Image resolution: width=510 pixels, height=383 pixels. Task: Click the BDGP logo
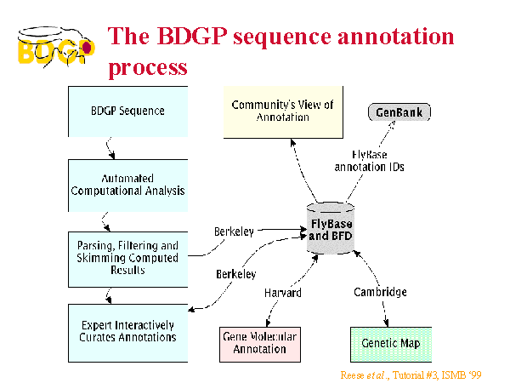click(x=56, y=48)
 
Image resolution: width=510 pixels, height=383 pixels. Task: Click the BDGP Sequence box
click(x=127, y=111)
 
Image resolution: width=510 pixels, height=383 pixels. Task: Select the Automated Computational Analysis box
click(x=127, y=186)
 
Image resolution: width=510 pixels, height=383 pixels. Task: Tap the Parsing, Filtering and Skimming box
click(x=127, y=260)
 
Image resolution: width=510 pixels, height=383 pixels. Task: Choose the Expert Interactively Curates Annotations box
click(x=127, y=333)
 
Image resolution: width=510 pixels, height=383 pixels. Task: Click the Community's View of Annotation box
click(x=283, y=112)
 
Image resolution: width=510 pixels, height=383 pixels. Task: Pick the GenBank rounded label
click(x=399, y=112)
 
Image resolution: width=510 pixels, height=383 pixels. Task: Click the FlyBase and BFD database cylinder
click(x=331, y=228)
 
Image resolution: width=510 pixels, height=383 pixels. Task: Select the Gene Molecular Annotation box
click(x=260, y=345)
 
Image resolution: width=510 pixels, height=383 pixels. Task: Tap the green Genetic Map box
click(x=391, y=345)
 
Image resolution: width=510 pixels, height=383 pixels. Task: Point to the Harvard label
click(x=283, y=293)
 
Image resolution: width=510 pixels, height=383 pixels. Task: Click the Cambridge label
click(x=380, y=292)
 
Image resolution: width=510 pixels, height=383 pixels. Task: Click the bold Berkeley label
click(x=236, y=274)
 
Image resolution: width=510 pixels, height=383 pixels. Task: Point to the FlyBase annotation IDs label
click(x=370, y=161)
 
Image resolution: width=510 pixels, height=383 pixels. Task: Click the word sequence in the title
click(x=282, y=37)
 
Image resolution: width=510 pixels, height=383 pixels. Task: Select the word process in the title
click(x=148, y=68)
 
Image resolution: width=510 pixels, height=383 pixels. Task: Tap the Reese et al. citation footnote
click(x=411, y=375)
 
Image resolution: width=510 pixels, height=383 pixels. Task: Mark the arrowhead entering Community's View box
click(x=292, y=142)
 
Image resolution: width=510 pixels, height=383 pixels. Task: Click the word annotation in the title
click(x=395, y=36)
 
